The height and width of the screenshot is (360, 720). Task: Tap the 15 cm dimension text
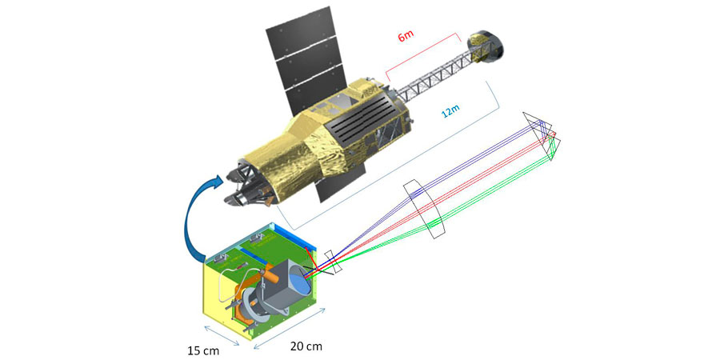203,351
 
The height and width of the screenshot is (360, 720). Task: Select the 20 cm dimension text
306,346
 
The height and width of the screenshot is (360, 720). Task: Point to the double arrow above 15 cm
222,334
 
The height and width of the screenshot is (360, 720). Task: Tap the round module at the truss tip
485,47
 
